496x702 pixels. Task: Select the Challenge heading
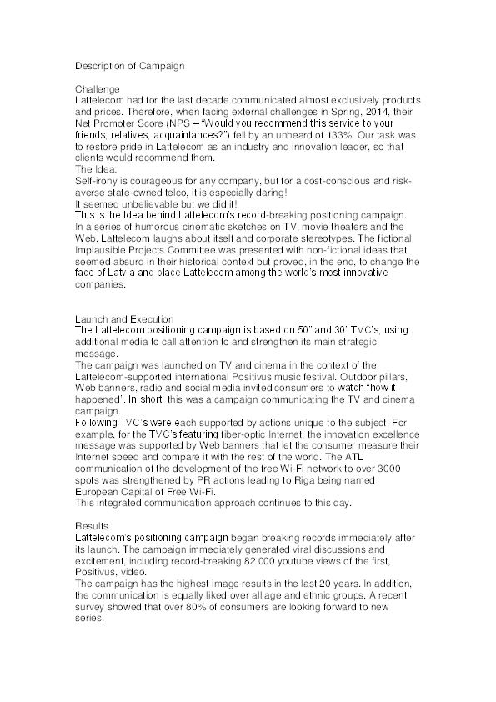98,88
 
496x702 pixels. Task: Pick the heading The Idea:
98,169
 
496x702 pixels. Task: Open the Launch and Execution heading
124,319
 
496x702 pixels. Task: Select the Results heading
91,527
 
